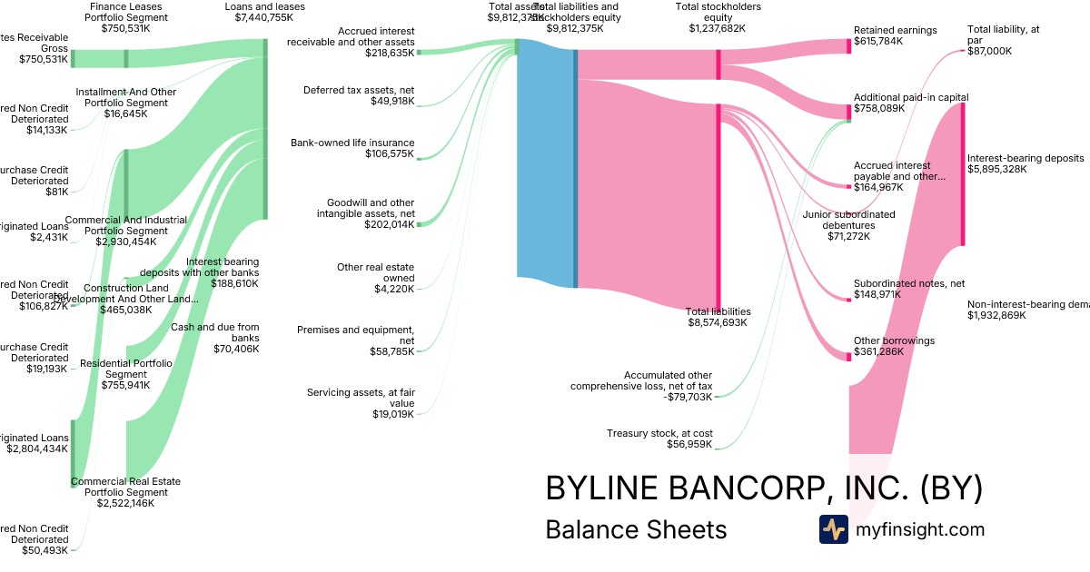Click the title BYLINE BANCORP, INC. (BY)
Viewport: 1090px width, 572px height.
(x=764, y=488)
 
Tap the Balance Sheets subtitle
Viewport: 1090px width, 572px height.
(x=636, y=529)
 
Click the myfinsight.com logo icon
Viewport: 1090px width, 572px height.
(x=833, y=529)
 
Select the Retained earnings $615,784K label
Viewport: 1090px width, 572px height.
(x=895, y=36)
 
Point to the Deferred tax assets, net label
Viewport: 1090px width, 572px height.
(x=359, y=95)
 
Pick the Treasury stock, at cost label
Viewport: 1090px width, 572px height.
(x=659, y=439)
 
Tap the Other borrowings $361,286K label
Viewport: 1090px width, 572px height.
(x=894, y=346)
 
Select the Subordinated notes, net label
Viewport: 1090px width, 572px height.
(x=908, y=289)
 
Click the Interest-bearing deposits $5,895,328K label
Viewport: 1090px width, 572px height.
(x=1026, y=163)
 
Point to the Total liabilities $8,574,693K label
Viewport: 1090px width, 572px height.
(x=718, y=317)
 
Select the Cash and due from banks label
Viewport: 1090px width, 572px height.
(x=223, y=337)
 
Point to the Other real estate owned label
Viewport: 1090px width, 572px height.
(x=375, y=278)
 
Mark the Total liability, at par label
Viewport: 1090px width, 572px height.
(x=1003, y=40)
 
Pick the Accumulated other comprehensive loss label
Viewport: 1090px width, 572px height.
(x=641, y=386)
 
